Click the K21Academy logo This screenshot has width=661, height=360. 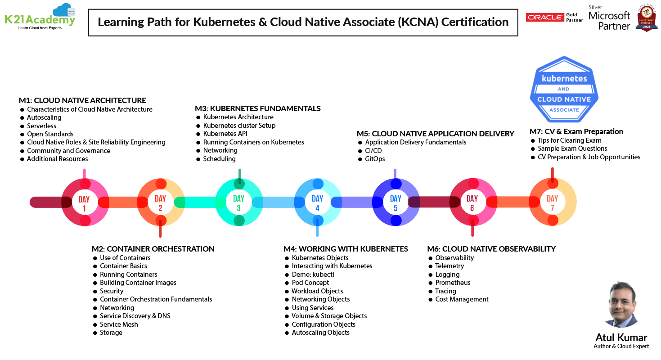(x=40, y=17)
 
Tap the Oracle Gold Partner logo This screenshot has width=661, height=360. (x=554, y=17)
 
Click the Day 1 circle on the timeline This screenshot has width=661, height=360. (x=84, y=202)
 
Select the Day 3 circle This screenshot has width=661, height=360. (x=239, y=202)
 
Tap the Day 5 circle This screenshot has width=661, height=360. (x=396, y=202)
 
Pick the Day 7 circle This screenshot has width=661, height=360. (x=553, y=202)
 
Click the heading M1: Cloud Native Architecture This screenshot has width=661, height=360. (x=82, y=100)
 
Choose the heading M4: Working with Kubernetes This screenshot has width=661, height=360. (x=346, y=249)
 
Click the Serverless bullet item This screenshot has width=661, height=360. (x=41, y=126)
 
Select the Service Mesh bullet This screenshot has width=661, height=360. (x=119, y=324)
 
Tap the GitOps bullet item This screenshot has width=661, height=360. (x=375, y=159)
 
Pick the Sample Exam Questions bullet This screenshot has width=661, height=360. (x=572, y=148)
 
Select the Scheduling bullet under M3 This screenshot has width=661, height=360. (x=219, y=159)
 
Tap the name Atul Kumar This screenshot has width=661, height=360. (x=621, y=337)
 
